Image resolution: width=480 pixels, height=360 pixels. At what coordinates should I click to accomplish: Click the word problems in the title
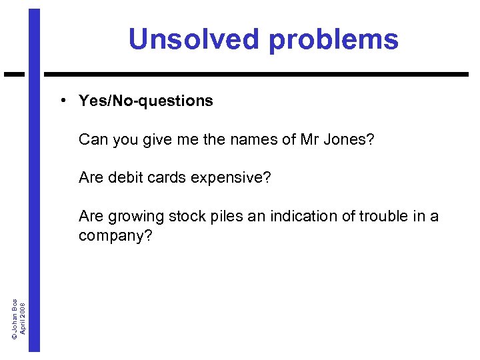(x=333, y=40)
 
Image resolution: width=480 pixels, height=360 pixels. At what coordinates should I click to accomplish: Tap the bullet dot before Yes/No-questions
(x=61, y=100)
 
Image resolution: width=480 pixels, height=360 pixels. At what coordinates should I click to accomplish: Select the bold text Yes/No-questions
(x=146, y=101)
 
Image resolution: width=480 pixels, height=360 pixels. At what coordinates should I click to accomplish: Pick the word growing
(x=133, y=217)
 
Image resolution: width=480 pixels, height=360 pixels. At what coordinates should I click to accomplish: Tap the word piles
(x=223, y=217)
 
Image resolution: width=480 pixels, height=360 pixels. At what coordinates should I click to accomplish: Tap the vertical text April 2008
(x=23, y=318)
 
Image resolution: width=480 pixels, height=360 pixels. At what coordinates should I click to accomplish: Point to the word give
(x=153, y=140)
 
